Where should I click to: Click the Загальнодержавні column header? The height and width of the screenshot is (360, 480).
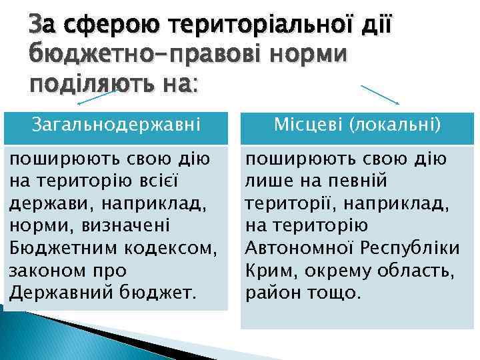(x=114, y=124)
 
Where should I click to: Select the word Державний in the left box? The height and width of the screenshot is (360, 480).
(x=61, y=293)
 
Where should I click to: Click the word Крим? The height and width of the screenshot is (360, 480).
(x=268, y=271)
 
